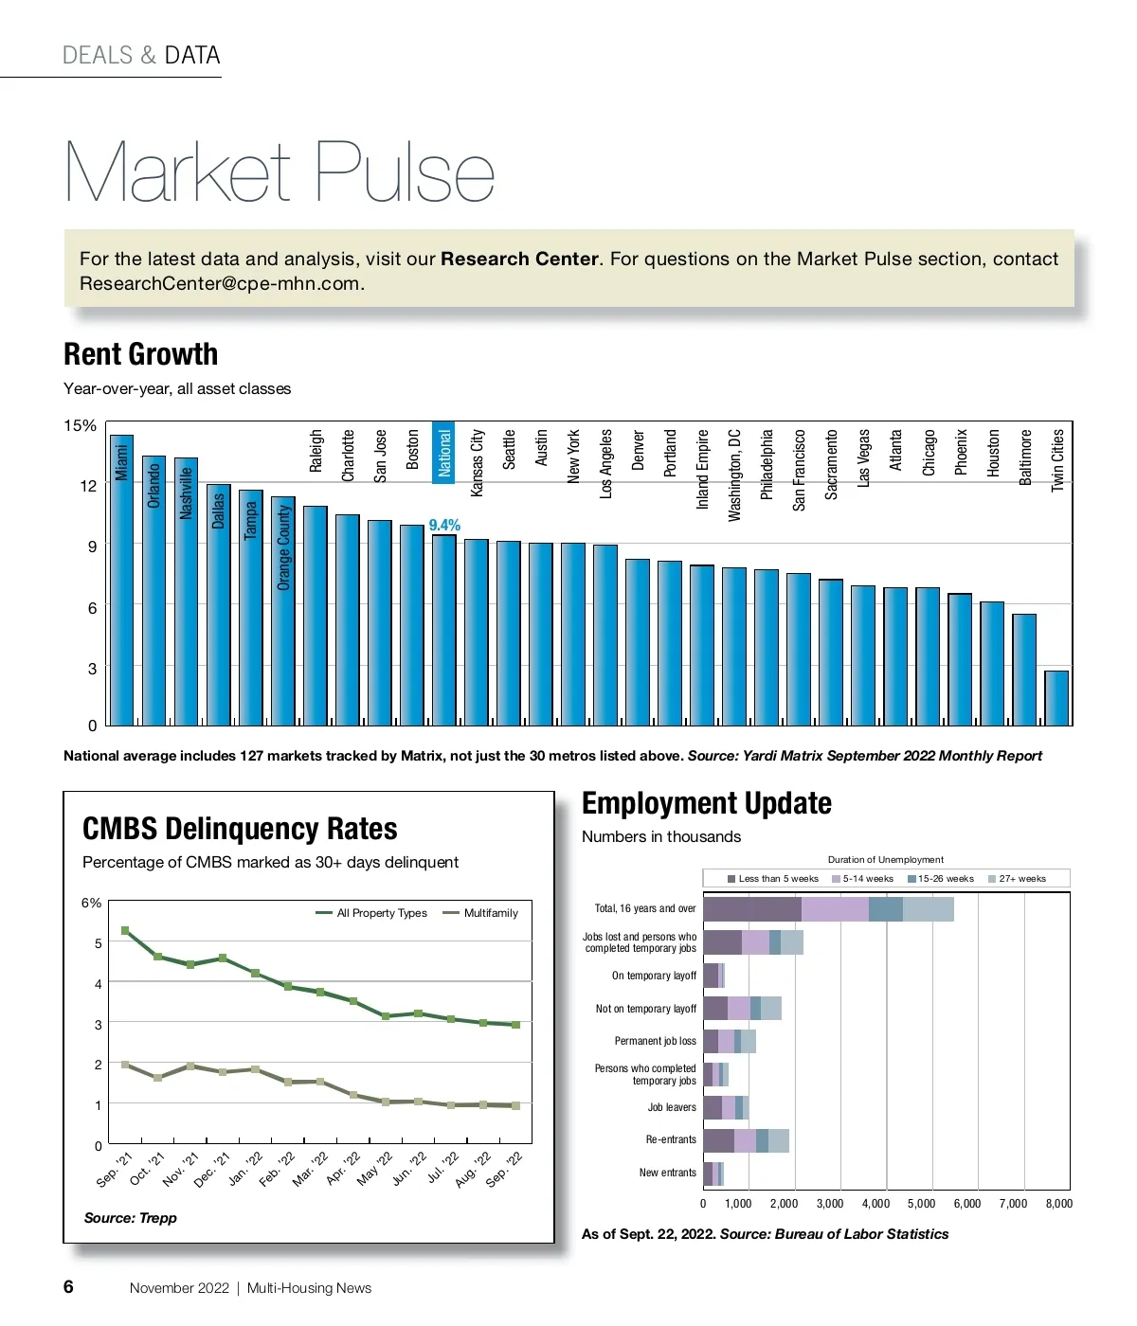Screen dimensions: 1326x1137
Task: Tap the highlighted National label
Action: tap(443, 452)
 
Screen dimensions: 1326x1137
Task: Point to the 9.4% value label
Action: tap(444, 525)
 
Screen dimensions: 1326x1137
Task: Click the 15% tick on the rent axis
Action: tap(80, 426)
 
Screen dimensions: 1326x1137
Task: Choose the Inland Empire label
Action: tap(702, 469)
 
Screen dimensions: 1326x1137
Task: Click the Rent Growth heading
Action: tap(140, 354)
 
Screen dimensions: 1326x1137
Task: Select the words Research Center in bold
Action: tap(519, 259)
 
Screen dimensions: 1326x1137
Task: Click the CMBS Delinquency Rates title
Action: tap(240, 829)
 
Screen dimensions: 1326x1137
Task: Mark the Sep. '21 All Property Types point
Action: tap(125, 931)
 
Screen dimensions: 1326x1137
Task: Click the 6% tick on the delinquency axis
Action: tap(91, 903)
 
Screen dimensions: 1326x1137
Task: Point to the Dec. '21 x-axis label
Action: tap(212, 1170)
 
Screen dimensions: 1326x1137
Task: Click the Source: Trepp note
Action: tap(130, 1218)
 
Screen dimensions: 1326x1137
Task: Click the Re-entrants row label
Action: tap(671, 1139)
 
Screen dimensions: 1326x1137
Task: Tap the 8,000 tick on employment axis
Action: tap(1058, 1204)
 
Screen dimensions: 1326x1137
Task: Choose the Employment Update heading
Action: tap(706, 803)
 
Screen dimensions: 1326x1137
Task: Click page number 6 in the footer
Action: tap(68, 1286)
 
